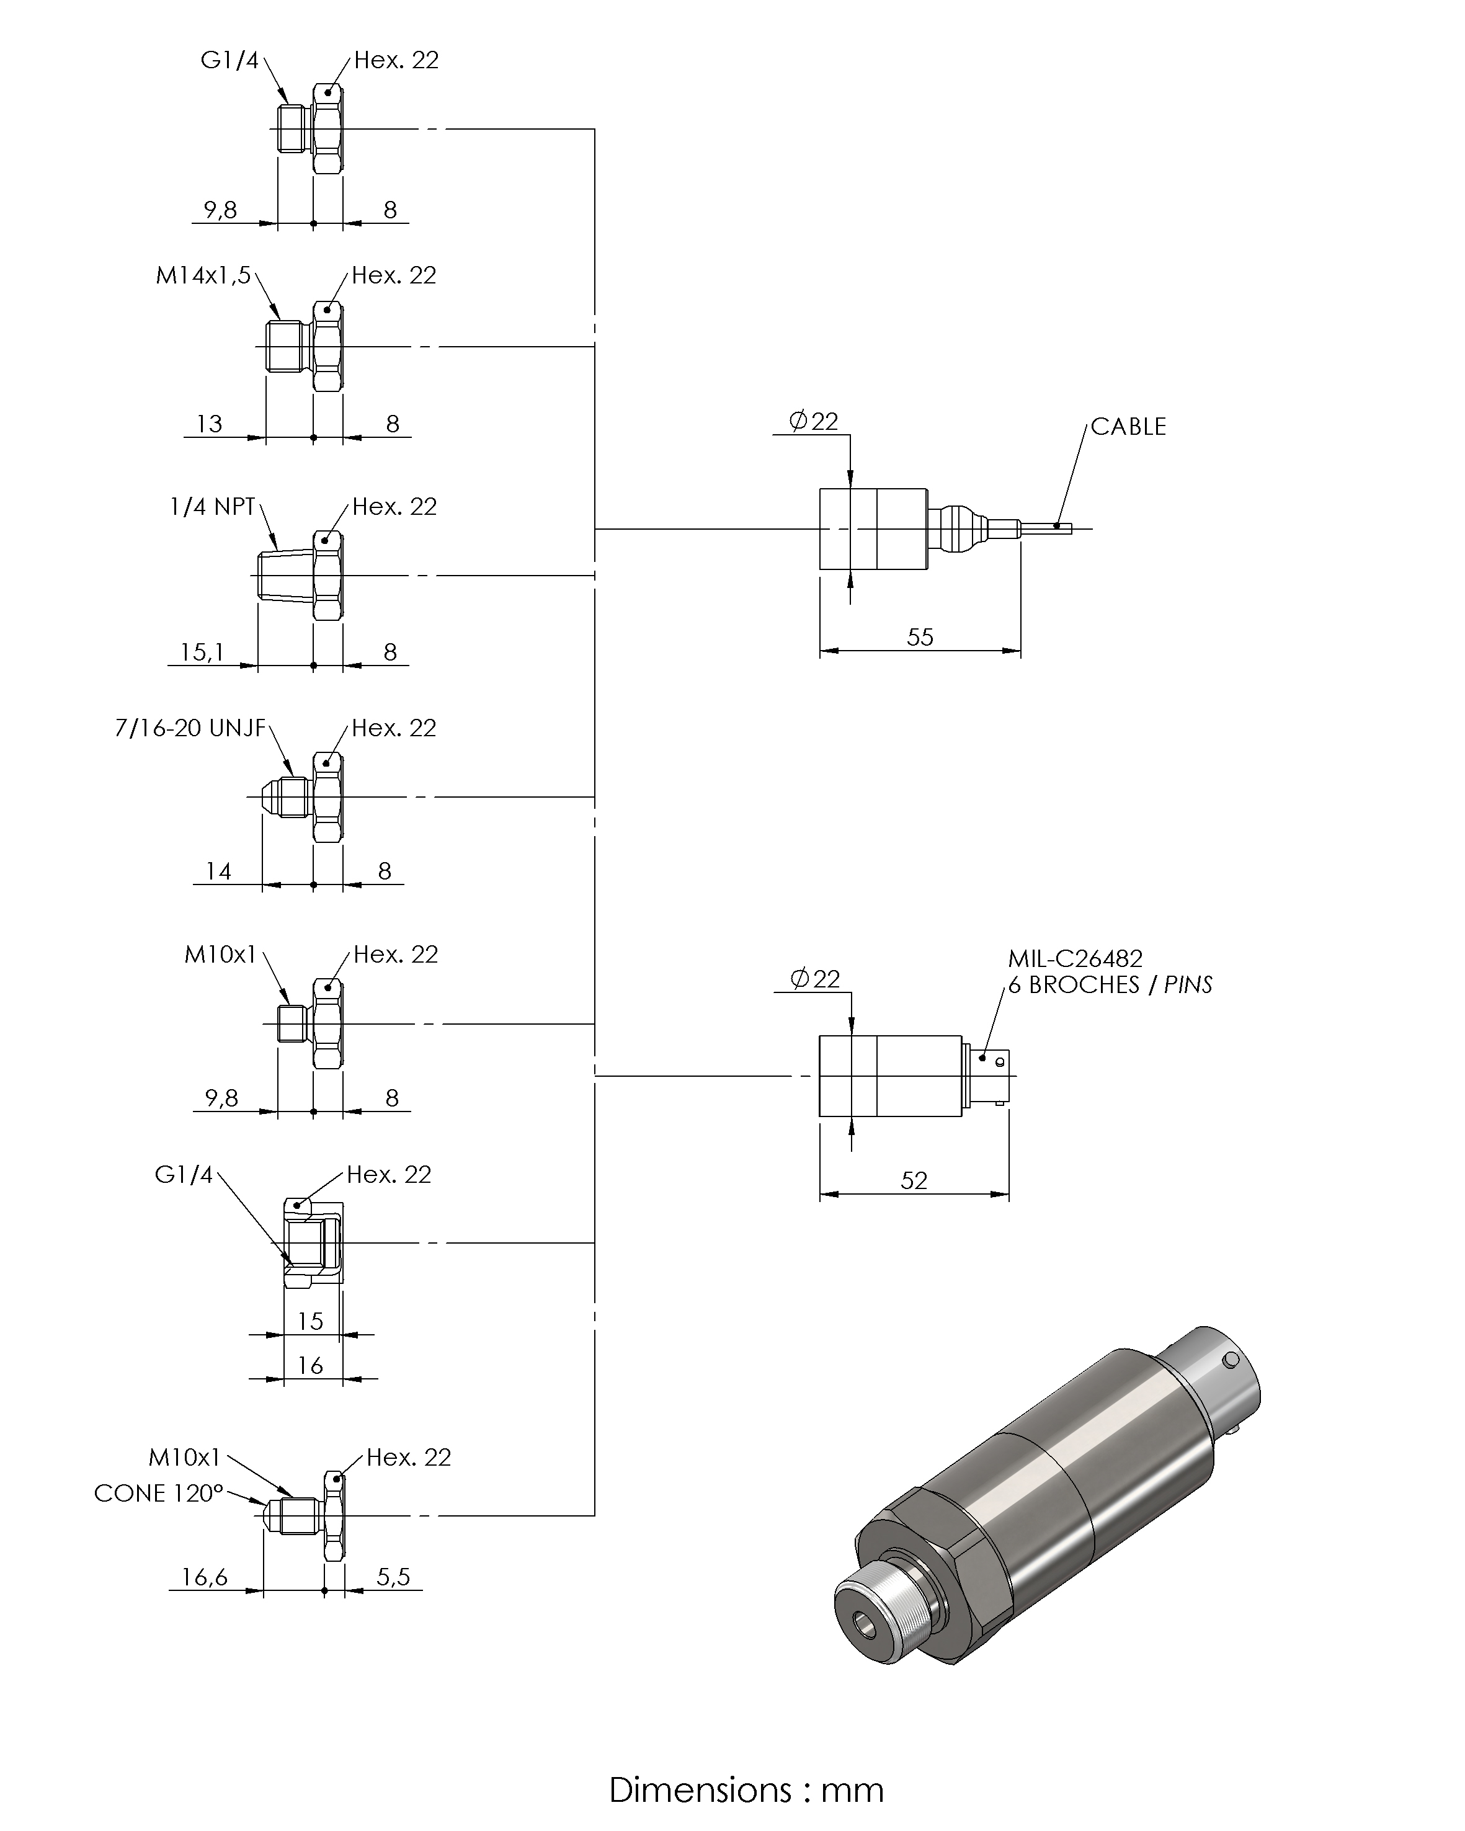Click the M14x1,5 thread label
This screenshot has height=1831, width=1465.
(x=203, y=276)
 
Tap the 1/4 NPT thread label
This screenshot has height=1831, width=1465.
(x=212, y=507)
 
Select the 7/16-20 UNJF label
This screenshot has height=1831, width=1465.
(x=190, y=729)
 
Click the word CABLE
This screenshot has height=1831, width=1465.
(x=1128, y=426)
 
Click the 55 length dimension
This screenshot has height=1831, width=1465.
(x=920, y=637)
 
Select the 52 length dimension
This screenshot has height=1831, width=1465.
(x=914, y=1180)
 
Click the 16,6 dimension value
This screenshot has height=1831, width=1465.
(x=205, y=1577)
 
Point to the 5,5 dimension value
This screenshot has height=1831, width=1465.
(x=393, y=1577)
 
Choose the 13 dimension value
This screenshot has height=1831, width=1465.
(x=209, y=424)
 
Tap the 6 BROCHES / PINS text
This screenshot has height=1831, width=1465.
(x=1109, y=985)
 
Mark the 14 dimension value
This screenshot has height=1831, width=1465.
(x=218, y=871)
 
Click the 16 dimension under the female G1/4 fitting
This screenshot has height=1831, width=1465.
(x=310, y=1366)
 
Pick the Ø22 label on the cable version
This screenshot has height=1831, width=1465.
(x=814, y=421)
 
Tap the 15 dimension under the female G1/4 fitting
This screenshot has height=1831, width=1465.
(x=310, y=1321)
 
